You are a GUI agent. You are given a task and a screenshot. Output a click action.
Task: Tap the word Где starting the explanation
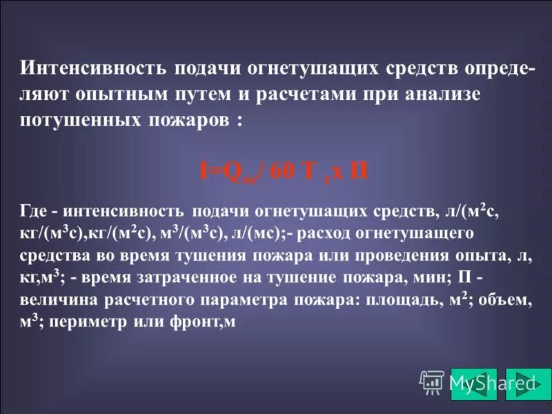[x=34, y=210]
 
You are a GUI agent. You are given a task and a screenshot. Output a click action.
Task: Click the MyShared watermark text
[x=492, y=383]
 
